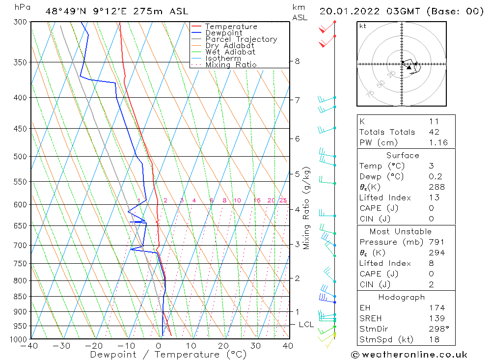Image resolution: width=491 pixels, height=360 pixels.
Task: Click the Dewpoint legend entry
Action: (x=223, y=33)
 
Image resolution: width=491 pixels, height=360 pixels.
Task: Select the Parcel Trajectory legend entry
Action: (x=241, y=39)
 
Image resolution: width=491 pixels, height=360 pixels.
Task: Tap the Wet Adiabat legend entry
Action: (x=230, y=52)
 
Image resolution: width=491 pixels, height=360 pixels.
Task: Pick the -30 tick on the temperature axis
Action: (x=62, y=346)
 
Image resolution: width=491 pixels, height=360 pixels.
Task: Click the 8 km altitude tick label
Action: (x=297, y=61)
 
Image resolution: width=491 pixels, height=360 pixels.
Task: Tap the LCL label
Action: (x=306, y=325)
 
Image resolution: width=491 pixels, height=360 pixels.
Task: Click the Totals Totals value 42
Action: (x=434, y=132)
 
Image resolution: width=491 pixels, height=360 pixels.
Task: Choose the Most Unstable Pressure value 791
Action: (x=436, y=242)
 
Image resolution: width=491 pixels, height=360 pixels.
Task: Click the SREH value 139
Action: (x=436, y=319)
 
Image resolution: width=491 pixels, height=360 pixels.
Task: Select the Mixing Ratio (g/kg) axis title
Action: (x=306, y=208)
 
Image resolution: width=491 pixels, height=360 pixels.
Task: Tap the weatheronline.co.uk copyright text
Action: (x=409, y=355)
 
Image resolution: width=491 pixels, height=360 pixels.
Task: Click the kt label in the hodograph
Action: (x=362, y=26)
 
